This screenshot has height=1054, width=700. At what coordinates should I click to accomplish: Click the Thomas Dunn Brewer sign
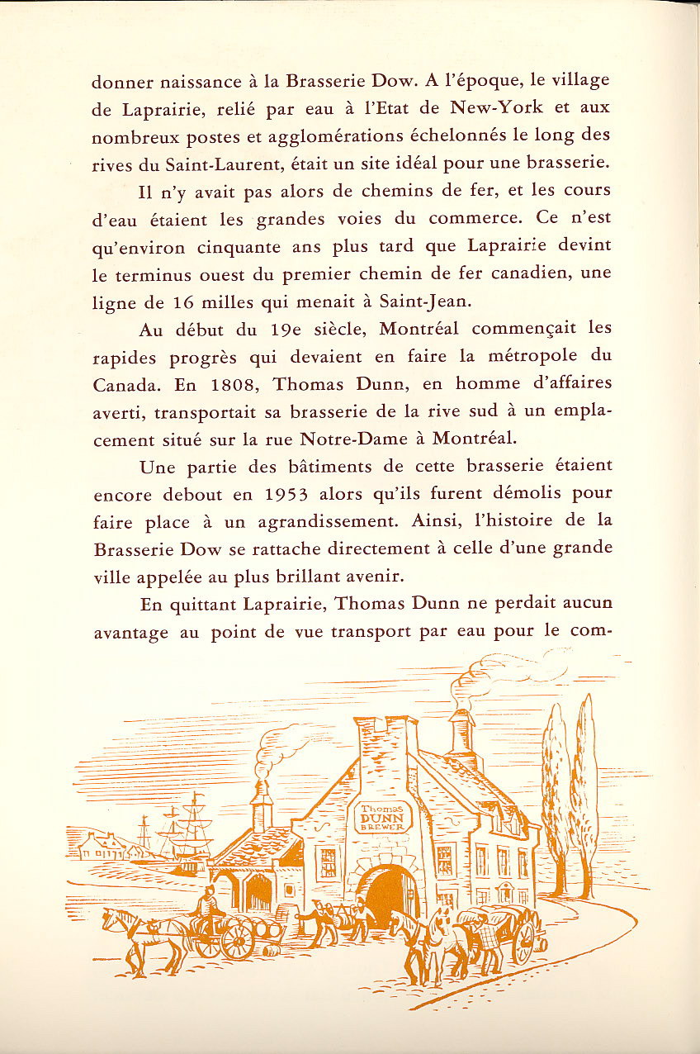(380, 816)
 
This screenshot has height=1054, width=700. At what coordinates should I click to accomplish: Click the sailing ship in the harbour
(188, 830)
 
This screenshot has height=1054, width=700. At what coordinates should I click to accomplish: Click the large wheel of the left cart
(237, 940)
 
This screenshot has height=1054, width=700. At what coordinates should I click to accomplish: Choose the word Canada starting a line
(121, 383)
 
